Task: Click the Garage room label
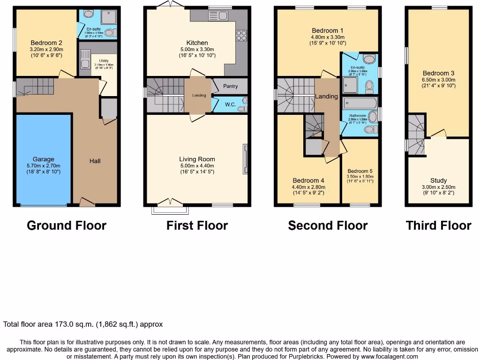43,159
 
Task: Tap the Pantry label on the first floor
230,86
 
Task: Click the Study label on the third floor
438,180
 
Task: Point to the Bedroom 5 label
360,171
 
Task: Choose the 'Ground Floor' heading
67,225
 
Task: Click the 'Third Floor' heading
438,225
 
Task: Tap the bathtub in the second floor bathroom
360,103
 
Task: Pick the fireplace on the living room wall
245,159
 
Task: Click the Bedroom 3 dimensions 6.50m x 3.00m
438,80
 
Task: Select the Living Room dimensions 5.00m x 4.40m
197,165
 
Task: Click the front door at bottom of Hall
87,202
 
